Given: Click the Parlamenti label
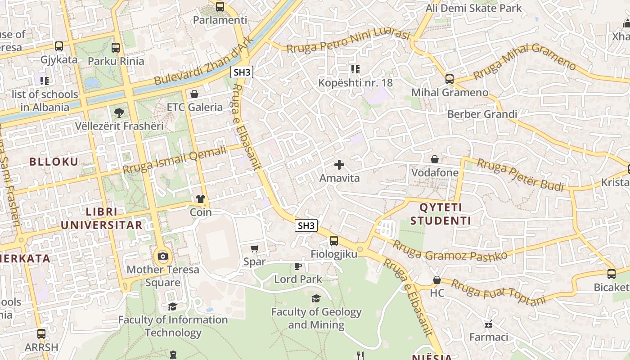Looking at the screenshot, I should coord(220,20).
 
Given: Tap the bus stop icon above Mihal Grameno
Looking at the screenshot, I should coord(449,79).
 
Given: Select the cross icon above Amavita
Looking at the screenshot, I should coord(339,165).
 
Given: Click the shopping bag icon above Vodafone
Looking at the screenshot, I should coord(435,159).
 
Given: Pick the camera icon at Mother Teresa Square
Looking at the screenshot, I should coord(162,256).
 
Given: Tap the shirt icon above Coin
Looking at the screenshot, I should coord(201,199).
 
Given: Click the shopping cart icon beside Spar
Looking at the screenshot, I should coord(255,248).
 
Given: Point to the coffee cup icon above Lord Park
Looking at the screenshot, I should coord(298,266).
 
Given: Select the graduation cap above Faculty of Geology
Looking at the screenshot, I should coord(316,299).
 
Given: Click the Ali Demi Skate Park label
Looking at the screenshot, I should coord(473,8).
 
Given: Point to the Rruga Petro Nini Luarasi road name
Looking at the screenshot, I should coord(348,42).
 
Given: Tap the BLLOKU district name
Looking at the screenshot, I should coord(54,162).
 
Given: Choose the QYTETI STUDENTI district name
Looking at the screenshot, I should coord(441,214).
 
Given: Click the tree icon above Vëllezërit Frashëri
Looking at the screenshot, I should coord(119,112).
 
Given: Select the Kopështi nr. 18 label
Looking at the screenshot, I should coord(355,83).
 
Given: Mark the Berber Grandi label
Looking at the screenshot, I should coord(481,114).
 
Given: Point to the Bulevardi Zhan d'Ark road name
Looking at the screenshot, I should coord(205,61).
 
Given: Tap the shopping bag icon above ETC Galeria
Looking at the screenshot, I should coord(194,94).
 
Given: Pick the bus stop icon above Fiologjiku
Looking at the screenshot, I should coord(333,241).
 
